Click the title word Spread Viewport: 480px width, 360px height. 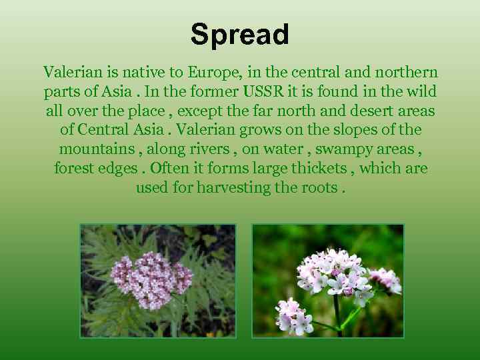pos(240,35)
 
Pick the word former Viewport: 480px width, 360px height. pos(213,91)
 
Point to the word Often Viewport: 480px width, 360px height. pos(171,169)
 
